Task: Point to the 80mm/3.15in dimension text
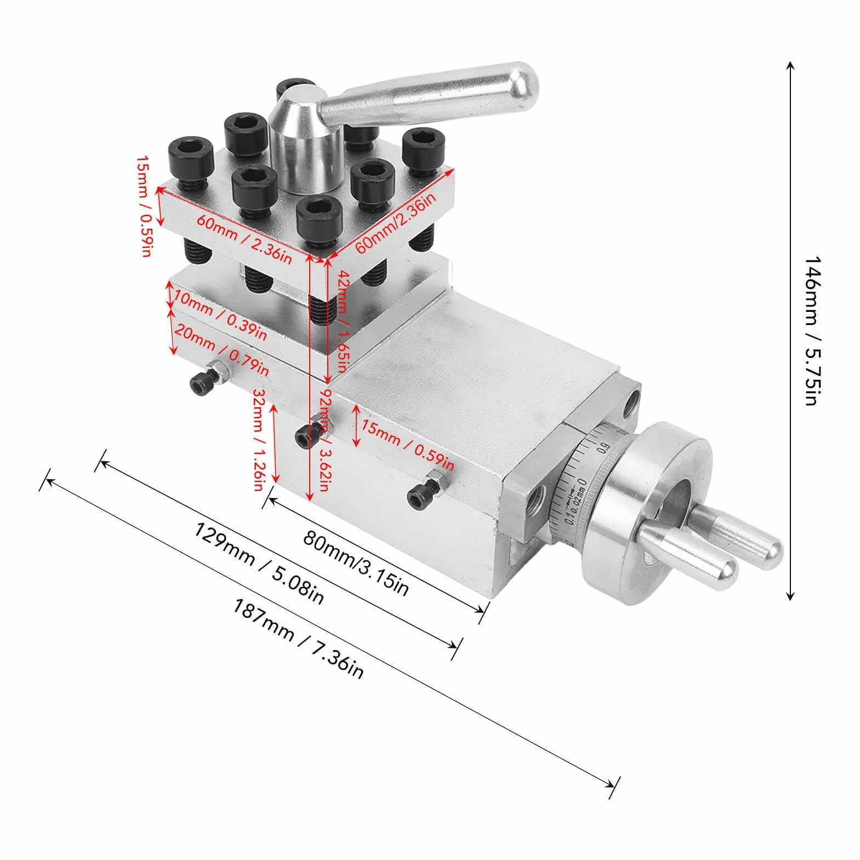tap(356, 562)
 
